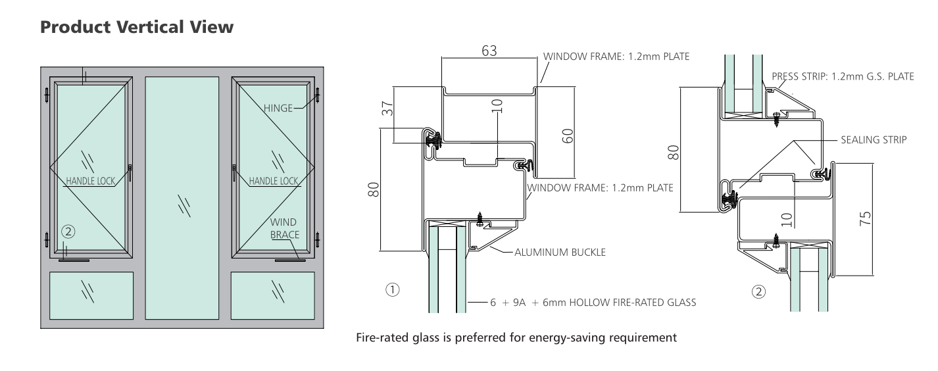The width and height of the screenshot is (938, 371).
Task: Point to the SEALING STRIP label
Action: pyautogui.click(x=873, y=140)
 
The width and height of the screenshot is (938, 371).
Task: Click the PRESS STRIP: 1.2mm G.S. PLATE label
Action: pyautogui.click(x=843, y=76)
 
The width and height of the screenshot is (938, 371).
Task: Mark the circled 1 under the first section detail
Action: pyautogui.click(x=393, y=289)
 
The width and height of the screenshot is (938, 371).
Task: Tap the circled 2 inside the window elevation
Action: pyautogui.click(x=68, y=231)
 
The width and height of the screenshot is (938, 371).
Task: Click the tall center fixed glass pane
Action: pyautogui.click(x=182, y=197)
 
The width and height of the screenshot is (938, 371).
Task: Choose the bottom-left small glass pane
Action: pyautogui.click(x=91, y=295)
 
